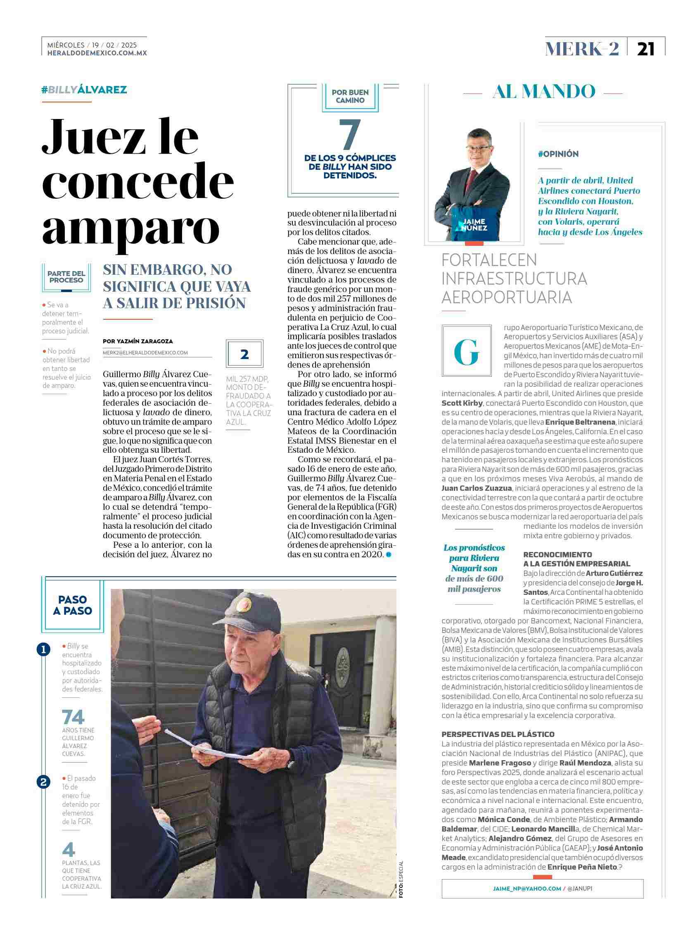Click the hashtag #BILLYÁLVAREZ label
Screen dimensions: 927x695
click(x=84, y=90)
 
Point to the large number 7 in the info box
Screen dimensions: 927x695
click(x=349, y=135)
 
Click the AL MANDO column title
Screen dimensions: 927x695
click(x=544, y=92)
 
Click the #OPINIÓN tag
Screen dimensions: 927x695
click(x=558, y=154)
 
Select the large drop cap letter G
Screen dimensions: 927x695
click(x=466, y=352)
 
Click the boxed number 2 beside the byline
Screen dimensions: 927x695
click(x=244, y=354)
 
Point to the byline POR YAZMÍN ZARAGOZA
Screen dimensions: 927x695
click(x=138, y=341)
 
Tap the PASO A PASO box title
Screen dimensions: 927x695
click(x=73, y=605)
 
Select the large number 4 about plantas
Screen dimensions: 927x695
click(x=68, y=849)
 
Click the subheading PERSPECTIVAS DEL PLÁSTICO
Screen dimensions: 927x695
click(x=498, y=734)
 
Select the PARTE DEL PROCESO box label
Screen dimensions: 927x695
click(x=66, y=277)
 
